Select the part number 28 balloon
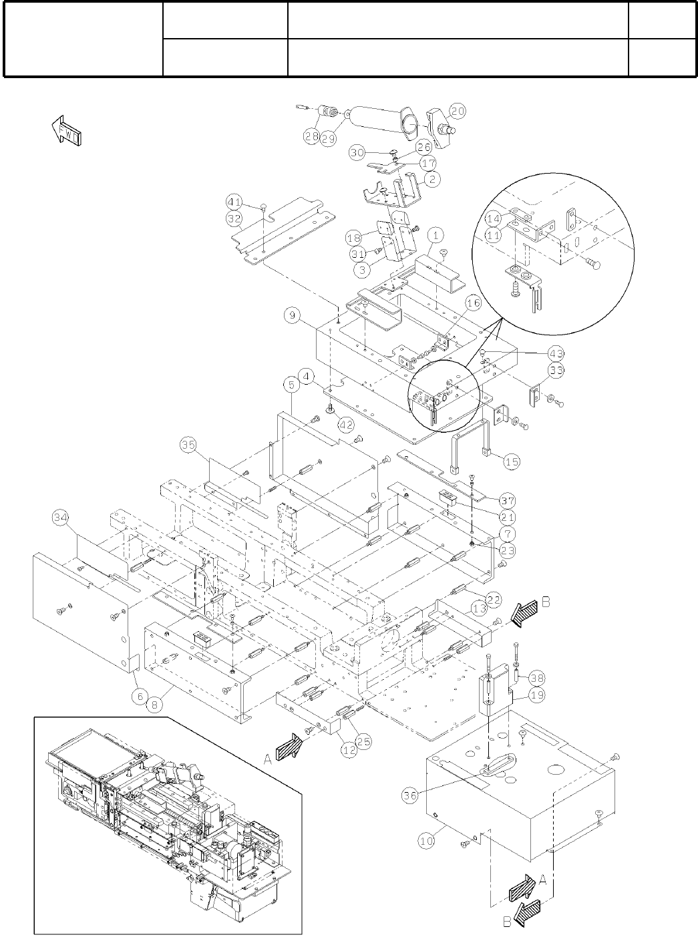(311, 136)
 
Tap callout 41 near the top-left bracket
(233, 201)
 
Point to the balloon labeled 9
(292, 316)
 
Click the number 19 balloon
(535, 695)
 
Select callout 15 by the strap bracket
(511, 461)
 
